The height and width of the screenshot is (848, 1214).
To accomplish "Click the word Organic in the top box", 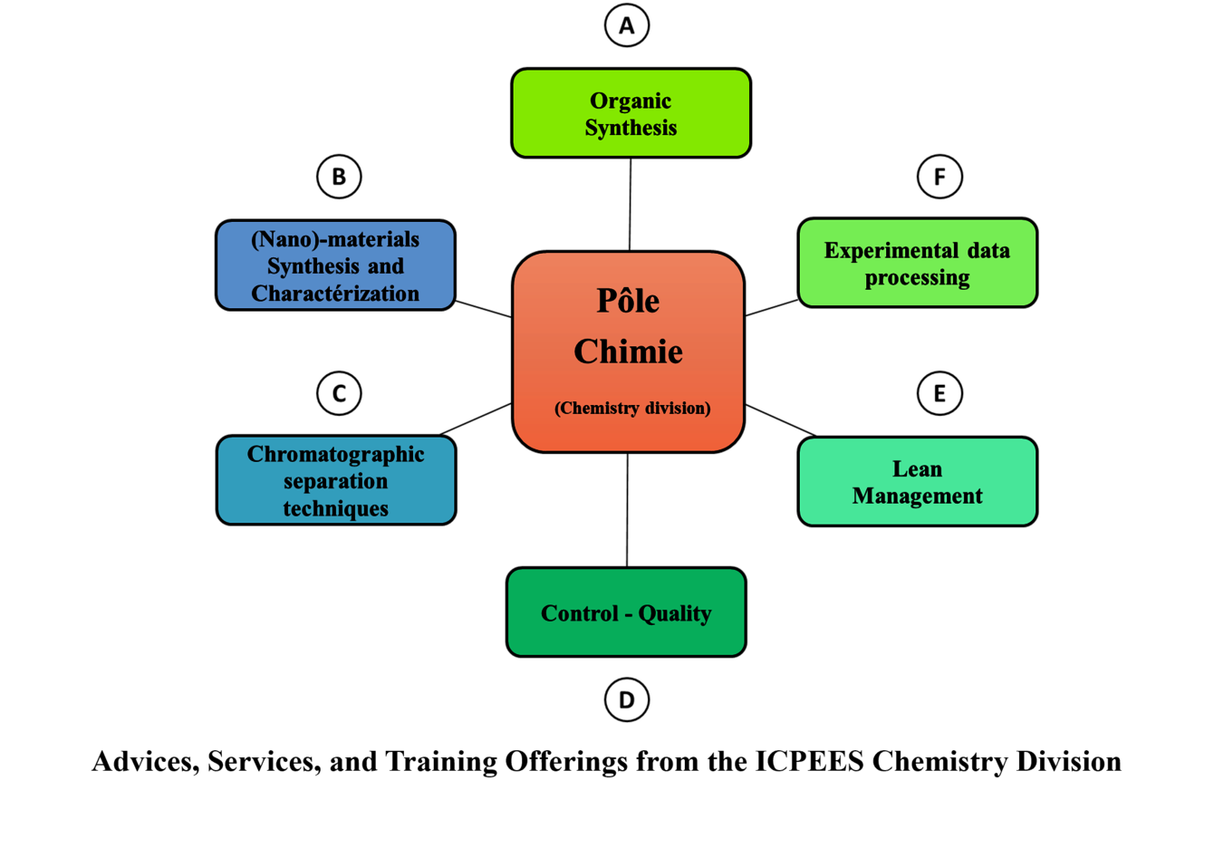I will (631, 101).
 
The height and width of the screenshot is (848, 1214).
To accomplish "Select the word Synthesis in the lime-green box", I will (631, 128).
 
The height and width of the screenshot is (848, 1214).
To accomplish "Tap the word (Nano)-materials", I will (335, 239).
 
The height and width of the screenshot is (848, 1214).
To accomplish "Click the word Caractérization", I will (335, 294).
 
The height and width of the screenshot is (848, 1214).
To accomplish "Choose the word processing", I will (917, 277).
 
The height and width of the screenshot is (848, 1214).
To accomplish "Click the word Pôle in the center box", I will (628, 301).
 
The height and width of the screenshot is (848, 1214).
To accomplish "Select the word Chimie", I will (628, 352).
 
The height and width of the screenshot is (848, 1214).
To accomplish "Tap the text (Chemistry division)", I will (632, 408).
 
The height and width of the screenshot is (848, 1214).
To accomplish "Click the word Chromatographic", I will (335, 454).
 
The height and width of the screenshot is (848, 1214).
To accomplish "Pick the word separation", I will (335, 481).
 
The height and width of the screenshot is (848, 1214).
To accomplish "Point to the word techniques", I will (335, 508).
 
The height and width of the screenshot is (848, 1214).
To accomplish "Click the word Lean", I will (917, 469).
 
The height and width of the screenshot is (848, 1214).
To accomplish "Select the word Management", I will (917, 496).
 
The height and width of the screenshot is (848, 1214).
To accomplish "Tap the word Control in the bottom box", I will (580, 613).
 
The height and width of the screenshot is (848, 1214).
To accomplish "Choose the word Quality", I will (675, 613).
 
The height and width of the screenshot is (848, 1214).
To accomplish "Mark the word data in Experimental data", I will (988, 251).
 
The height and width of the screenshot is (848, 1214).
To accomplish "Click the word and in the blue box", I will (386, 266).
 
